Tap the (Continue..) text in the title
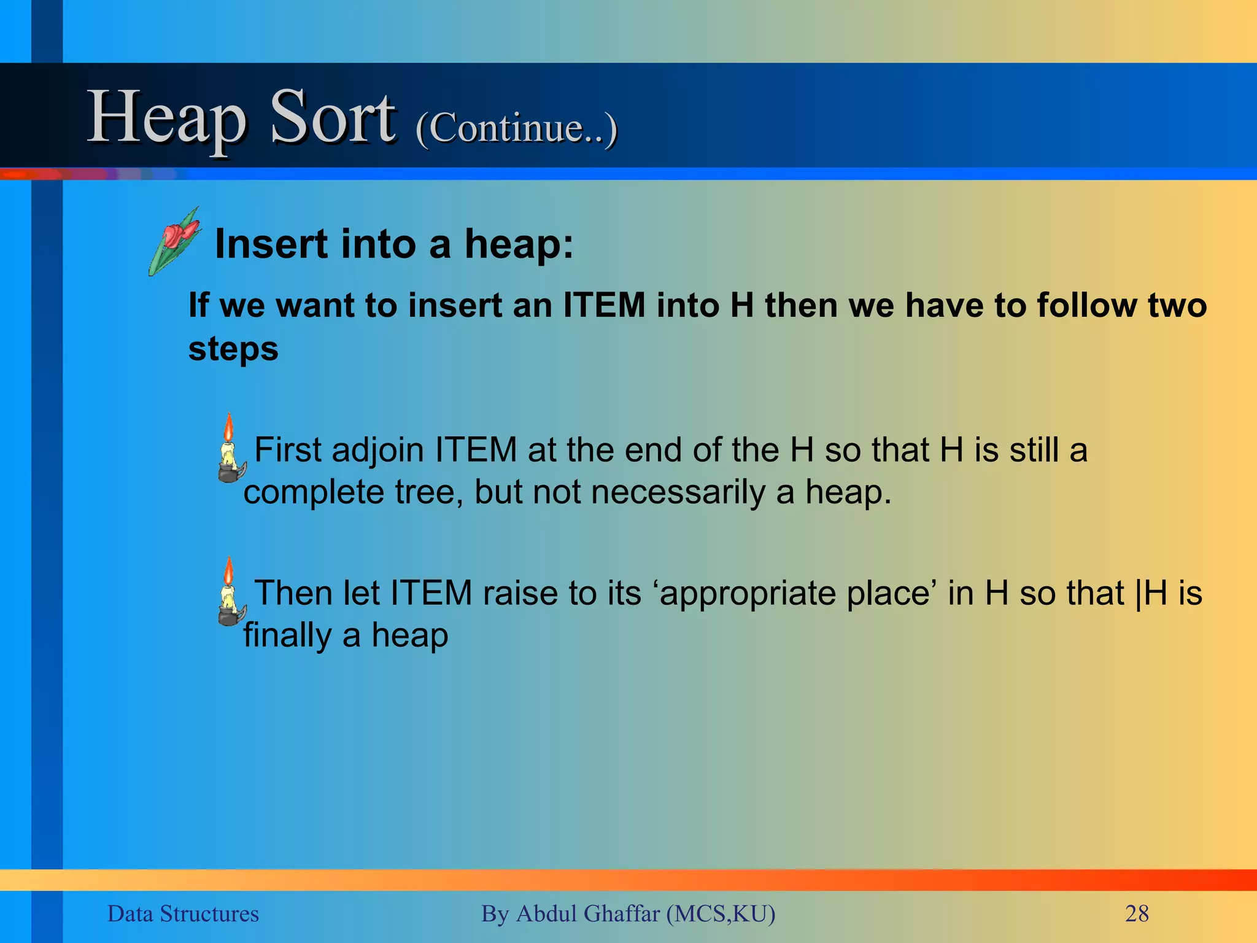coord(516,128)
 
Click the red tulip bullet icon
coord(174,241)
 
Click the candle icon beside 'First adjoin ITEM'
coord(230,448)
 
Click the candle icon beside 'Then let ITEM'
coord(230,592)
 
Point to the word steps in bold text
coord(233,349)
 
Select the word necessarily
coord(677,492)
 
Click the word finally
coord(287,635)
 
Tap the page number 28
coord(1137,914)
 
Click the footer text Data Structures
coord(183,914)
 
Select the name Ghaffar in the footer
coord(621,914)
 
